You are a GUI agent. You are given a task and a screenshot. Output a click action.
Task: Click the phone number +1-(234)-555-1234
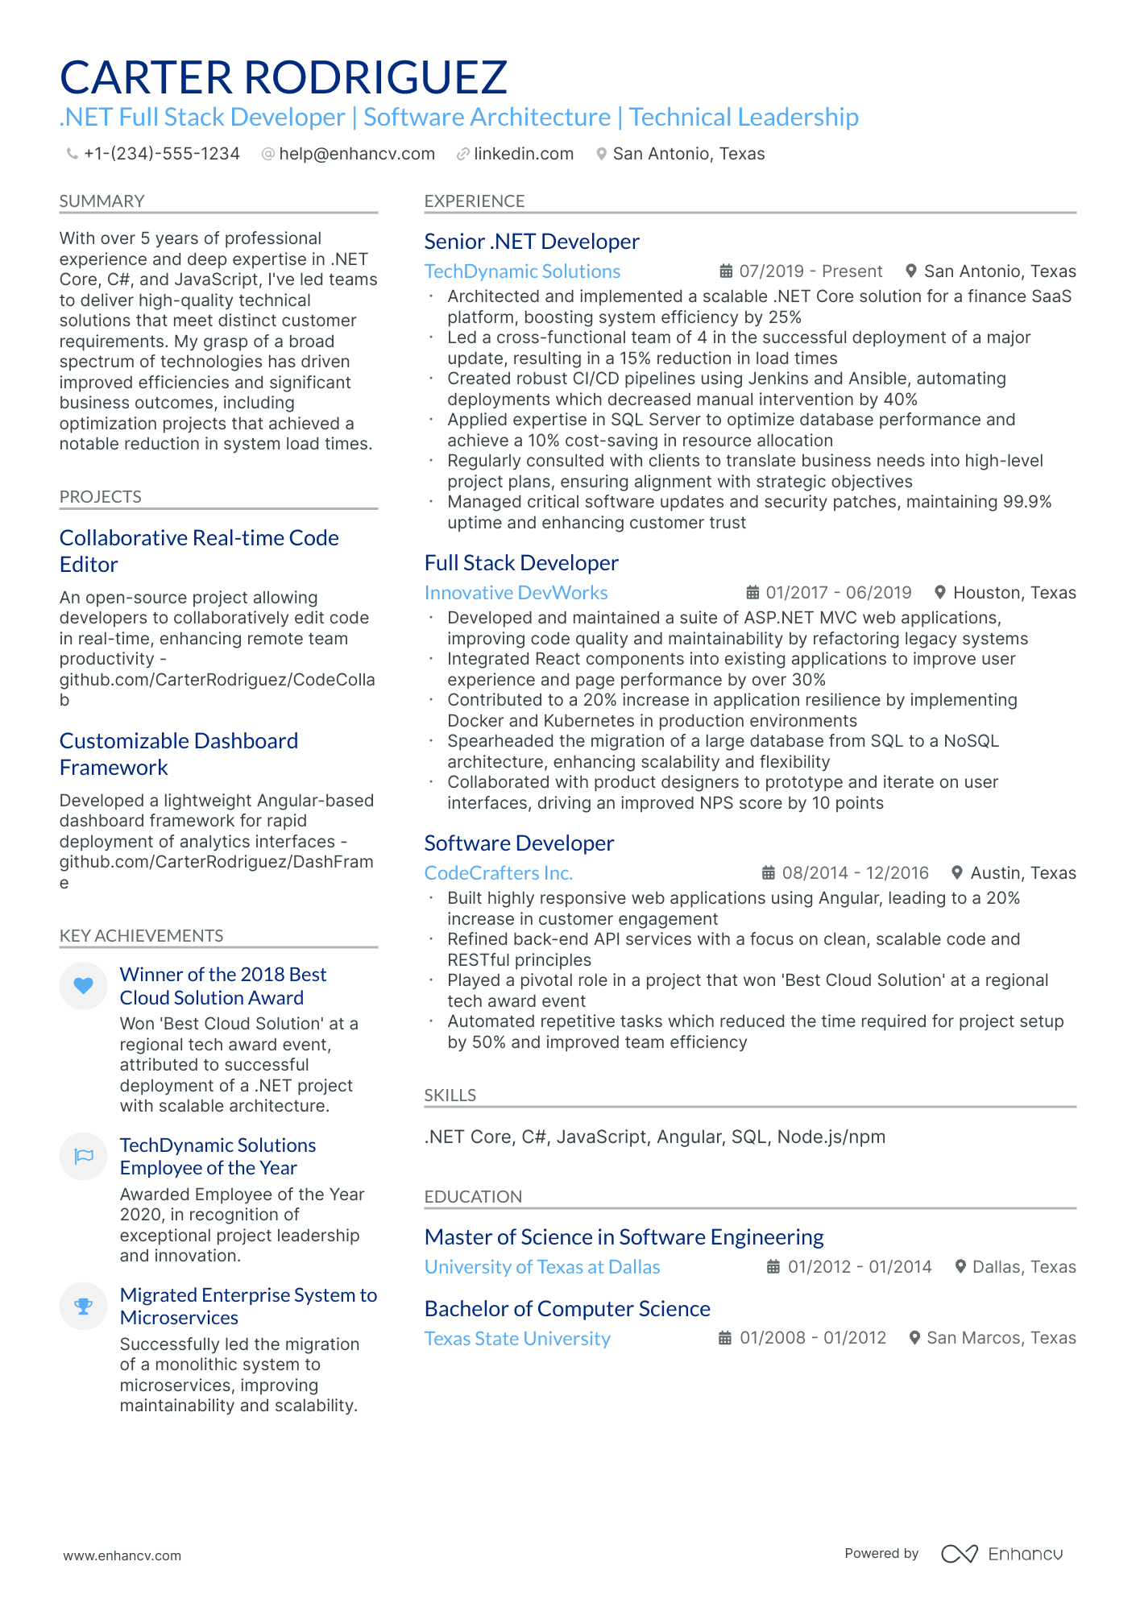coord(161,154)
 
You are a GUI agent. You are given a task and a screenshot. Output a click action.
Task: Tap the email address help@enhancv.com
coord(356,154)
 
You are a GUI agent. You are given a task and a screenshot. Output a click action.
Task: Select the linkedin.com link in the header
coord(523,154)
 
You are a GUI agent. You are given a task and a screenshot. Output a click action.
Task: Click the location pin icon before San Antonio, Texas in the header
coord(601,154)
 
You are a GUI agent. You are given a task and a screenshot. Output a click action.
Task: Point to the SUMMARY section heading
coord(102,201)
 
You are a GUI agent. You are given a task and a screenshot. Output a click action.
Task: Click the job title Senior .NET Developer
coord(531,242)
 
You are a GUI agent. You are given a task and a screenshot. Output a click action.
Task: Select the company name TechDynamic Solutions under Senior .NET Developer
coord(522,271)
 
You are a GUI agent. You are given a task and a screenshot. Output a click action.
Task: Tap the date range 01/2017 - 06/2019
coord(838,593)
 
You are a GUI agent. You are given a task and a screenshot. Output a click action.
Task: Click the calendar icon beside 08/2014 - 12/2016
coord(769,873)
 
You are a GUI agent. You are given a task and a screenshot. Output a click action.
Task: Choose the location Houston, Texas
coord(1014,593)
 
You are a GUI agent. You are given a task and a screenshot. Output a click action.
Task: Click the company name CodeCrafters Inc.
coord(498,873)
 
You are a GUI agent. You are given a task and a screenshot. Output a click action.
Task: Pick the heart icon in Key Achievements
coord(83,985)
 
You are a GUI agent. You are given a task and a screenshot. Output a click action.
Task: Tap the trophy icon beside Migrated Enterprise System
coord(83,1307)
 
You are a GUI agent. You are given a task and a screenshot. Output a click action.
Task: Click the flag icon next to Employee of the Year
coord(83,1157)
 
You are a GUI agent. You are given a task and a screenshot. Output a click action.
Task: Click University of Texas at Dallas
coord(541,1267)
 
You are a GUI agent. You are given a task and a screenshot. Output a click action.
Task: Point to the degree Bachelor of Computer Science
coord(566,1309)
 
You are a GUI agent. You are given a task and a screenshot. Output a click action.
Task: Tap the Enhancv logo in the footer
coord(1001,1554)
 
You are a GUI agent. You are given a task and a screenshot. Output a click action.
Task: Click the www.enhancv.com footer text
coord(122,1555)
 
